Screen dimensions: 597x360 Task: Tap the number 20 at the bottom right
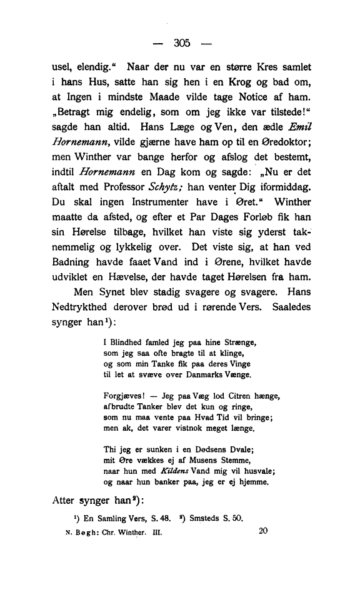click(x=262, y=533)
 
